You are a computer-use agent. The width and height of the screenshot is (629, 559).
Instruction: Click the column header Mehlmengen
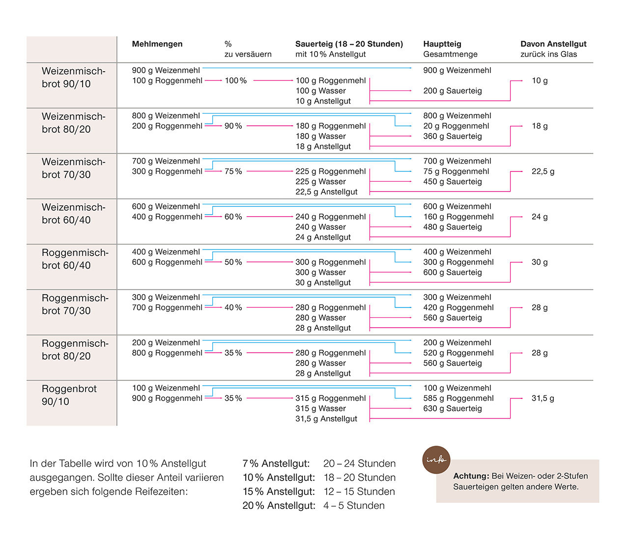(157, 44)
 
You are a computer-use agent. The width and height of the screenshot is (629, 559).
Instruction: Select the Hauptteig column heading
(442, 44)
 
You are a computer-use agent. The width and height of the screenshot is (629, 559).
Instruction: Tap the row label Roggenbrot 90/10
(69, 395)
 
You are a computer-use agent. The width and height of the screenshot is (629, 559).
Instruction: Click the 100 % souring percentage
(236, 81)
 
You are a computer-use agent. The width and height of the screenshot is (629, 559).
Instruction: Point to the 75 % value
(233, 171)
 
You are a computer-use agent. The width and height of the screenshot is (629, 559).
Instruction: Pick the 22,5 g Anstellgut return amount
(543, 171)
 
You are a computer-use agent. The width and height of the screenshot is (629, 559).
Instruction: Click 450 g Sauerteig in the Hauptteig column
(453, 182)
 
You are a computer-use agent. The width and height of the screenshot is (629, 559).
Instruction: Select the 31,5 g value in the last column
(543, 398)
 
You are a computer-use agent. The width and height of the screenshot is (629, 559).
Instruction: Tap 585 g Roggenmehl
(458, 398)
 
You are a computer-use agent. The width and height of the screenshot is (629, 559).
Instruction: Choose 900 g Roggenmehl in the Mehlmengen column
(167, 398)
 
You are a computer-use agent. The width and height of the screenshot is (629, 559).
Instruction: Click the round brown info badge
(436, 460)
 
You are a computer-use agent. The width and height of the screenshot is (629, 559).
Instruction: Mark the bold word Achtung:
(471, 476)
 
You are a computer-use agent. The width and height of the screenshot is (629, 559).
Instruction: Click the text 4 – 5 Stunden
(354, 505)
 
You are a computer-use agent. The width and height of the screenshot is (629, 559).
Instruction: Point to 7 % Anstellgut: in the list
(276, 464)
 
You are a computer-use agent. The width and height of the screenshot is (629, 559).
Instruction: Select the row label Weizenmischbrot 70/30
(73, 168)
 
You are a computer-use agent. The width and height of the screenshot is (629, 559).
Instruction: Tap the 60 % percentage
(233, 217)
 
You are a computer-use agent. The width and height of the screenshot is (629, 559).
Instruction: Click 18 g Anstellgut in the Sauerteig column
(323, 146)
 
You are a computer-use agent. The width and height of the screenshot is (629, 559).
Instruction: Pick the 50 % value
(233, 262)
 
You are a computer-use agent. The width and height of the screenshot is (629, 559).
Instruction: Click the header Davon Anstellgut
(553, 44)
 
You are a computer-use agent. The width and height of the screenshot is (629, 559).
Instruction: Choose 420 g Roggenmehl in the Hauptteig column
(458, 307)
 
